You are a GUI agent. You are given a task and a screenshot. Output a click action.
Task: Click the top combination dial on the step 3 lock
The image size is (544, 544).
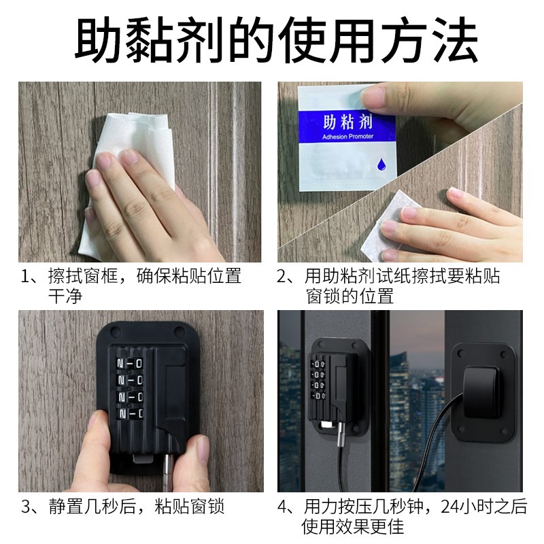point(129,362)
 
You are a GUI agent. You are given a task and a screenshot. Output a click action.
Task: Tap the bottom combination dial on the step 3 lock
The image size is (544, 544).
point(129,413)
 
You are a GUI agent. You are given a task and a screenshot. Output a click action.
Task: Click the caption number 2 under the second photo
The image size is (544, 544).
point(284,277)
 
